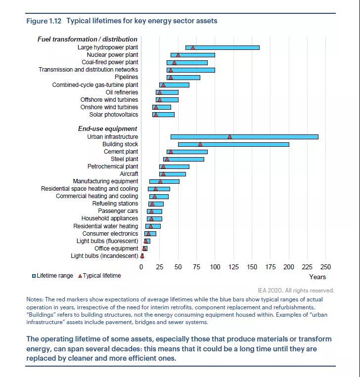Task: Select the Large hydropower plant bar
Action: click(x=222, y=47)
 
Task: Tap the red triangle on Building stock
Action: click(x=200, y=144)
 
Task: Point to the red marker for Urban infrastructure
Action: click(x=230, y=137)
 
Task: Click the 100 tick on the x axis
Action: click(x=215, y=267)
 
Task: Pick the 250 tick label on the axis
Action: click(x=325, y=267)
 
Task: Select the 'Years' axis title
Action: click(x=317, y=277)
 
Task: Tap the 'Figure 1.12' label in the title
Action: click(x=44, y=21)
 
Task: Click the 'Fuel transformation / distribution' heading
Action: click(x=88, y=39)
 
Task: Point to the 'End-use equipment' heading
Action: click(x=100, y=129)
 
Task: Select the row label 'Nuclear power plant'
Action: click(x=112, y=55)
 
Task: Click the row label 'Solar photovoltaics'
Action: click(x=114, y=115)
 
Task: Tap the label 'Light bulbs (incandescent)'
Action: click(x=104, y=256)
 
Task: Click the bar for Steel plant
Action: click(x=183, y=159)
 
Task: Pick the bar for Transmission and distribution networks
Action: click(x=191, y=70)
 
